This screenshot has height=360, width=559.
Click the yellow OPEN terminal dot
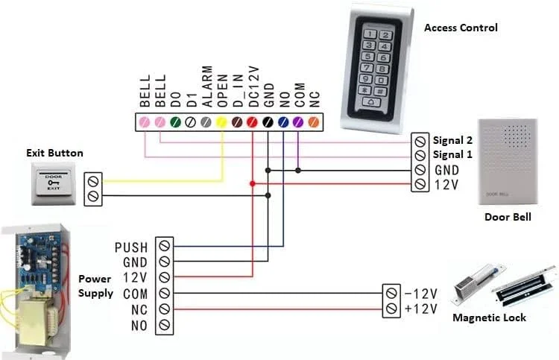221,121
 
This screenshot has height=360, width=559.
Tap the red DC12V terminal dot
253,121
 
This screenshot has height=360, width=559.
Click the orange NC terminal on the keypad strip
314,121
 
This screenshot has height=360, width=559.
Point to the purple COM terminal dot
298,121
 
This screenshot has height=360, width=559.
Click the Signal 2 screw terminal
420,140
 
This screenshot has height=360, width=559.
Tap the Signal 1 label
453,154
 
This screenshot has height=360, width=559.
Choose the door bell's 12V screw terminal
420,183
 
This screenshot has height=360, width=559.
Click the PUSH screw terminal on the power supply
165,246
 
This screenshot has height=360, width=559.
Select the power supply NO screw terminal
165,326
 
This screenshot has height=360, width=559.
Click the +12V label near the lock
420,309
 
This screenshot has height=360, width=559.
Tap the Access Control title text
461,28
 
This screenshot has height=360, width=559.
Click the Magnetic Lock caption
489,318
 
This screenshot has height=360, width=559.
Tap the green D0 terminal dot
175,121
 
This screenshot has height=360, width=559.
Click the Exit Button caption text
54,154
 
